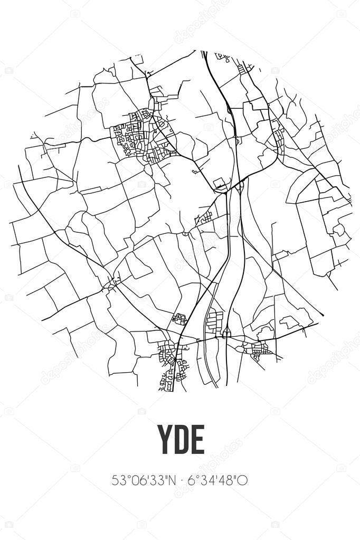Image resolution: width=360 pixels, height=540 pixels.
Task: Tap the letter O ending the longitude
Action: click(243, 481)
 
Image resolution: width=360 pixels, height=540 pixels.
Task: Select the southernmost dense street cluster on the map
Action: click(172, 367)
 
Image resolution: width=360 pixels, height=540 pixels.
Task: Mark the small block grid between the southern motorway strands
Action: click(215, 321)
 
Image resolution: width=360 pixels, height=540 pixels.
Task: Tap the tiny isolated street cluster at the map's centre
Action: click(204, 217)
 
